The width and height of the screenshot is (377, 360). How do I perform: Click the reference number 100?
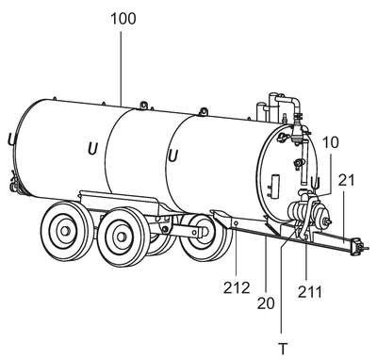tap(123, 19)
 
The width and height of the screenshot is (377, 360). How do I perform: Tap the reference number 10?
tap(331, 142)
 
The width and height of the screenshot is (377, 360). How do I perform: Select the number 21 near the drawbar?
tap(347, 180)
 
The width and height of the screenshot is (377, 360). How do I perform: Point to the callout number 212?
tap(237, 287)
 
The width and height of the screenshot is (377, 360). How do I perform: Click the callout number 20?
tap(266, 303)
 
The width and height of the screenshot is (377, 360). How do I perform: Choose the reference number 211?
tap(310, 292)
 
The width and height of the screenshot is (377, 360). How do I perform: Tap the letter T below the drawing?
tap(283, 349)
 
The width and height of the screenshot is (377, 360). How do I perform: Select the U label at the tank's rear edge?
tap(12, 139)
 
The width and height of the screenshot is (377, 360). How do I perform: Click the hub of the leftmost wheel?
tap(65, 231)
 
